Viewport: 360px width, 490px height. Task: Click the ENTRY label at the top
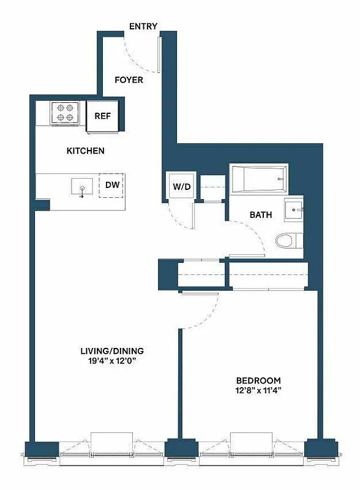pos(143,26)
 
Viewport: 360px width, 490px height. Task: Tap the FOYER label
pos(129,80)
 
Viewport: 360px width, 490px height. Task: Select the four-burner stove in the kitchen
pos(66,113)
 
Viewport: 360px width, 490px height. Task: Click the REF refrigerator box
pos(102,116)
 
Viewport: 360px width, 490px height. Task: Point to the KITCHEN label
pos(85,151)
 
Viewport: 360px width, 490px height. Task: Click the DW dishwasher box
pos(112,184)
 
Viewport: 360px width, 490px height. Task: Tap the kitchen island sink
pos(81,186)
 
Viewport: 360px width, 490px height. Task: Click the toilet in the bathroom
pos(287,241)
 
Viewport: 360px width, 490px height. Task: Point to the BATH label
pos(260,216)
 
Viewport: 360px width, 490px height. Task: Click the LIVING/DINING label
pos(112,351)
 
